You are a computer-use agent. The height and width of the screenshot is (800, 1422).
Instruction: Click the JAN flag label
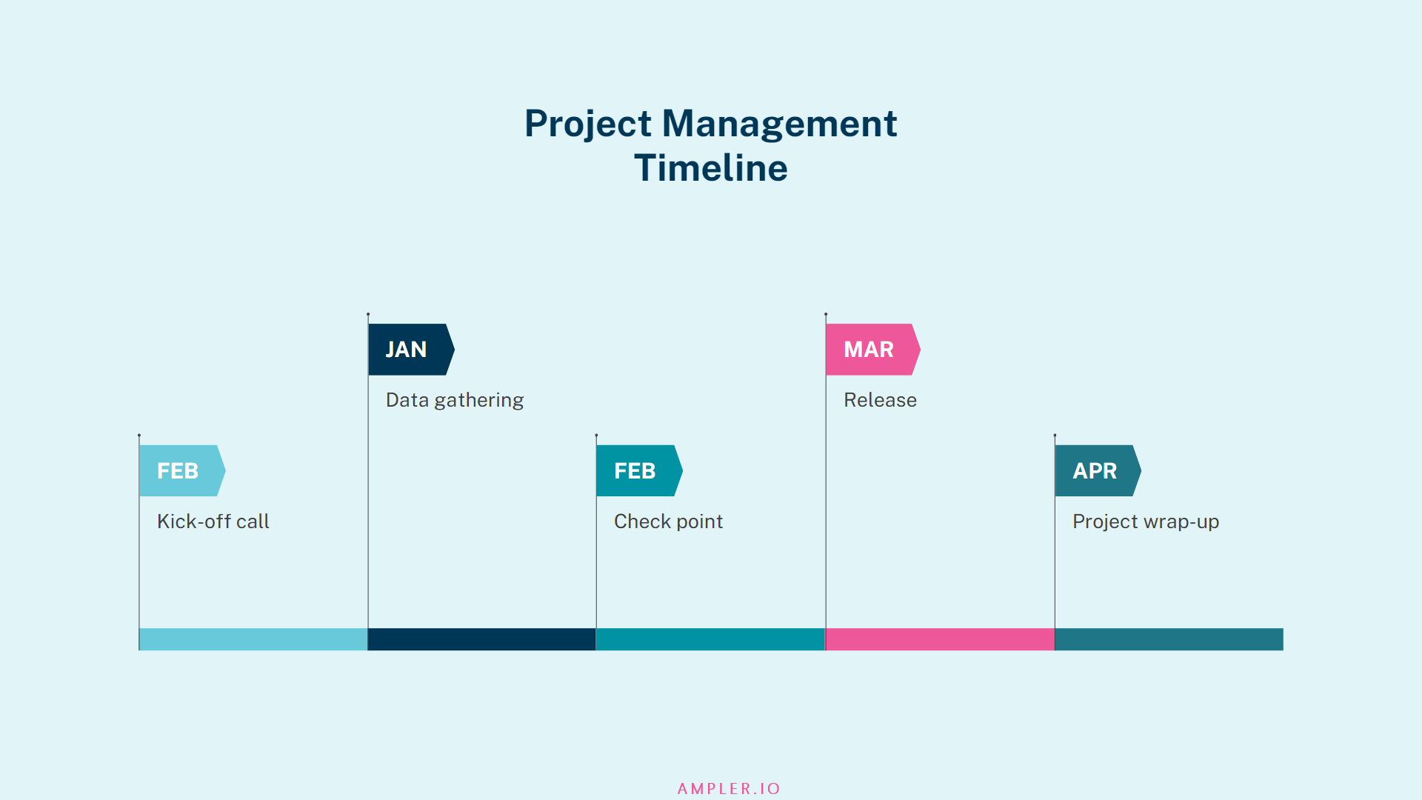(408, 349)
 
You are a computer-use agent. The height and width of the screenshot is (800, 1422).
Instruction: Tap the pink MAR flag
(871, 349)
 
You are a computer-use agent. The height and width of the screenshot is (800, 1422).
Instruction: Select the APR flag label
(1096, 470)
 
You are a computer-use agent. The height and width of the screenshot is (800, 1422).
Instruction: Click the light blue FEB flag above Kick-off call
(180, 470)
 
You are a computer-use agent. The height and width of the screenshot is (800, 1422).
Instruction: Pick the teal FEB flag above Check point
(637, 470)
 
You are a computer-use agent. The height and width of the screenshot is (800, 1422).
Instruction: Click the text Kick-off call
(213, 521)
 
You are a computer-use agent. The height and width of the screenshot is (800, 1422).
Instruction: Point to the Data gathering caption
(455, 400)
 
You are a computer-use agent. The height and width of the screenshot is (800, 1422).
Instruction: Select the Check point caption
(668, 521)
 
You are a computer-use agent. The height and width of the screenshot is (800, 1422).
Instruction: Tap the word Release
(880, 400)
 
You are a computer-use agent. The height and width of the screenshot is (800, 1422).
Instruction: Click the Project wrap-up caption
(1145, 521)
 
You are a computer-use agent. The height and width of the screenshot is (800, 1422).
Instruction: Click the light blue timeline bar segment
(253, 639)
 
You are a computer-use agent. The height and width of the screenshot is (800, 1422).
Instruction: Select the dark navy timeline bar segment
(481, 639)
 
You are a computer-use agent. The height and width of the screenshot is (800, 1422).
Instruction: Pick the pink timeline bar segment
(940, 639)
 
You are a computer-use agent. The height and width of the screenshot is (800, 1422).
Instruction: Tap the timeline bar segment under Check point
(710, 639)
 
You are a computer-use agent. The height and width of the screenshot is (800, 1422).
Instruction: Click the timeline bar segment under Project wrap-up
(1169, 639)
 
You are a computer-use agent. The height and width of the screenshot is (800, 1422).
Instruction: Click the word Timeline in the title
(711, 168)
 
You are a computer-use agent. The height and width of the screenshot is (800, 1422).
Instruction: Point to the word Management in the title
(779, 123)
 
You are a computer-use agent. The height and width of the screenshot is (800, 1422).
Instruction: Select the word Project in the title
(588, 123)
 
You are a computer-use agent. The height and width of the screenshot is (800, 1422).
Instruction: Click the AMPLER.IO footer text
(729, 789)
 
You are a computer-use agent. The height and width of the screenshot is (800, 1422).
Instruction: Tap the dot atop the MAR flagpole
(826, 314)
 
